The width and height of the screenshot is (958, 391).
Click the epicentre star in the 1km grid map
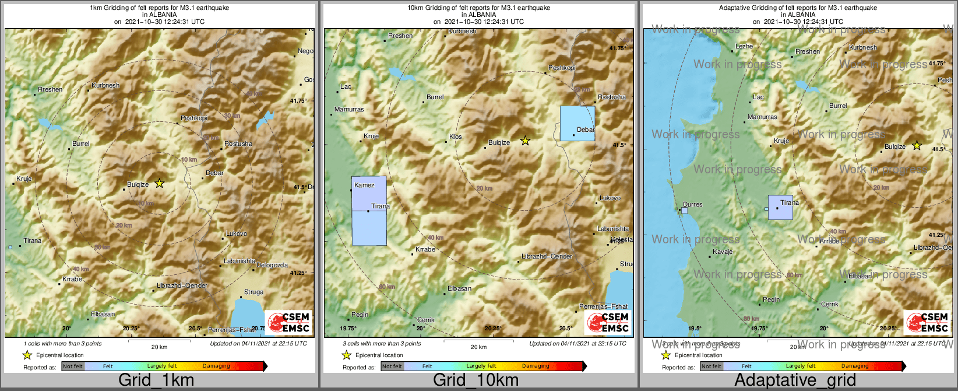pos(160,183)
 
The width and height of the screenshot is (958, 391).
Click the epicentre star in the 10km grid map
pos(525,141)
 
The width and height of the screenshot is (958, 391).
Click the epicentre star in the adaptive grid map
pos(917,145)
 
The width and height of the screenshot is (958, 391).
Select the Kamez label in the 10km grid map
pos(364,185)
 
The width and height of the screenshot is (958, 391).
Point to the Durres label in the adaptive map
pos(692,204)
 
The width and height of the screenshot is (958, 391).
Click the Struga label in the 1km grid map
pos(253,292)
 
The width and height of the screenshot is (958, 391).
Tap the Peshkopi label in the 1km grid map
pos(193,118)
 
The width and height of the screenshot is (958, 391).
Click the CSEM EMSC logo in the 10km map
pos(608,322)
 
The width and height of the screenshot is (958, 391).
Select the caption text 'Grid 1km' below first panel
pos(156,380)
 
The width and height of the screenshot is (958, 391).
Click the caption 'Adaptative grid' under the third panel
pos(795,380)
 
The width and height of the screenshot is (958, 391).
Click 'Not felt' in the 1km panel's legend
pos(72,366)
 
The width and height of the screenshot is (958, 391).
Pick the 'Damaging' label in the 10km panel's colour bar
pos(536,366)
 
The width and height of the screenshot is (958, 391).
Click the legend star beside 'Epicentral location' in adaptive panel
pos(665,355)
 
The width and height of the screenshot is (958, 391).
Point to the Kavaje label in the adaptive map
pos(723,252)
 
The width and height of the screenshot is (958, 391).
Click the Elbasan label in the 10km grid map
pos(459,288)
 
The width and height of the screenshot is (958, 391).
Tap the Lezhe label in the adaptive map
pos(744,46)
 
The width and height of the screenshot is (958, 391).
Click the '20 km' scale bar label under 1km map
pos(159,347)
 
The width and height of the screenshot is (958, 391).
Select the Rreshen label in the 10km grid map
pos(400,36)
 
